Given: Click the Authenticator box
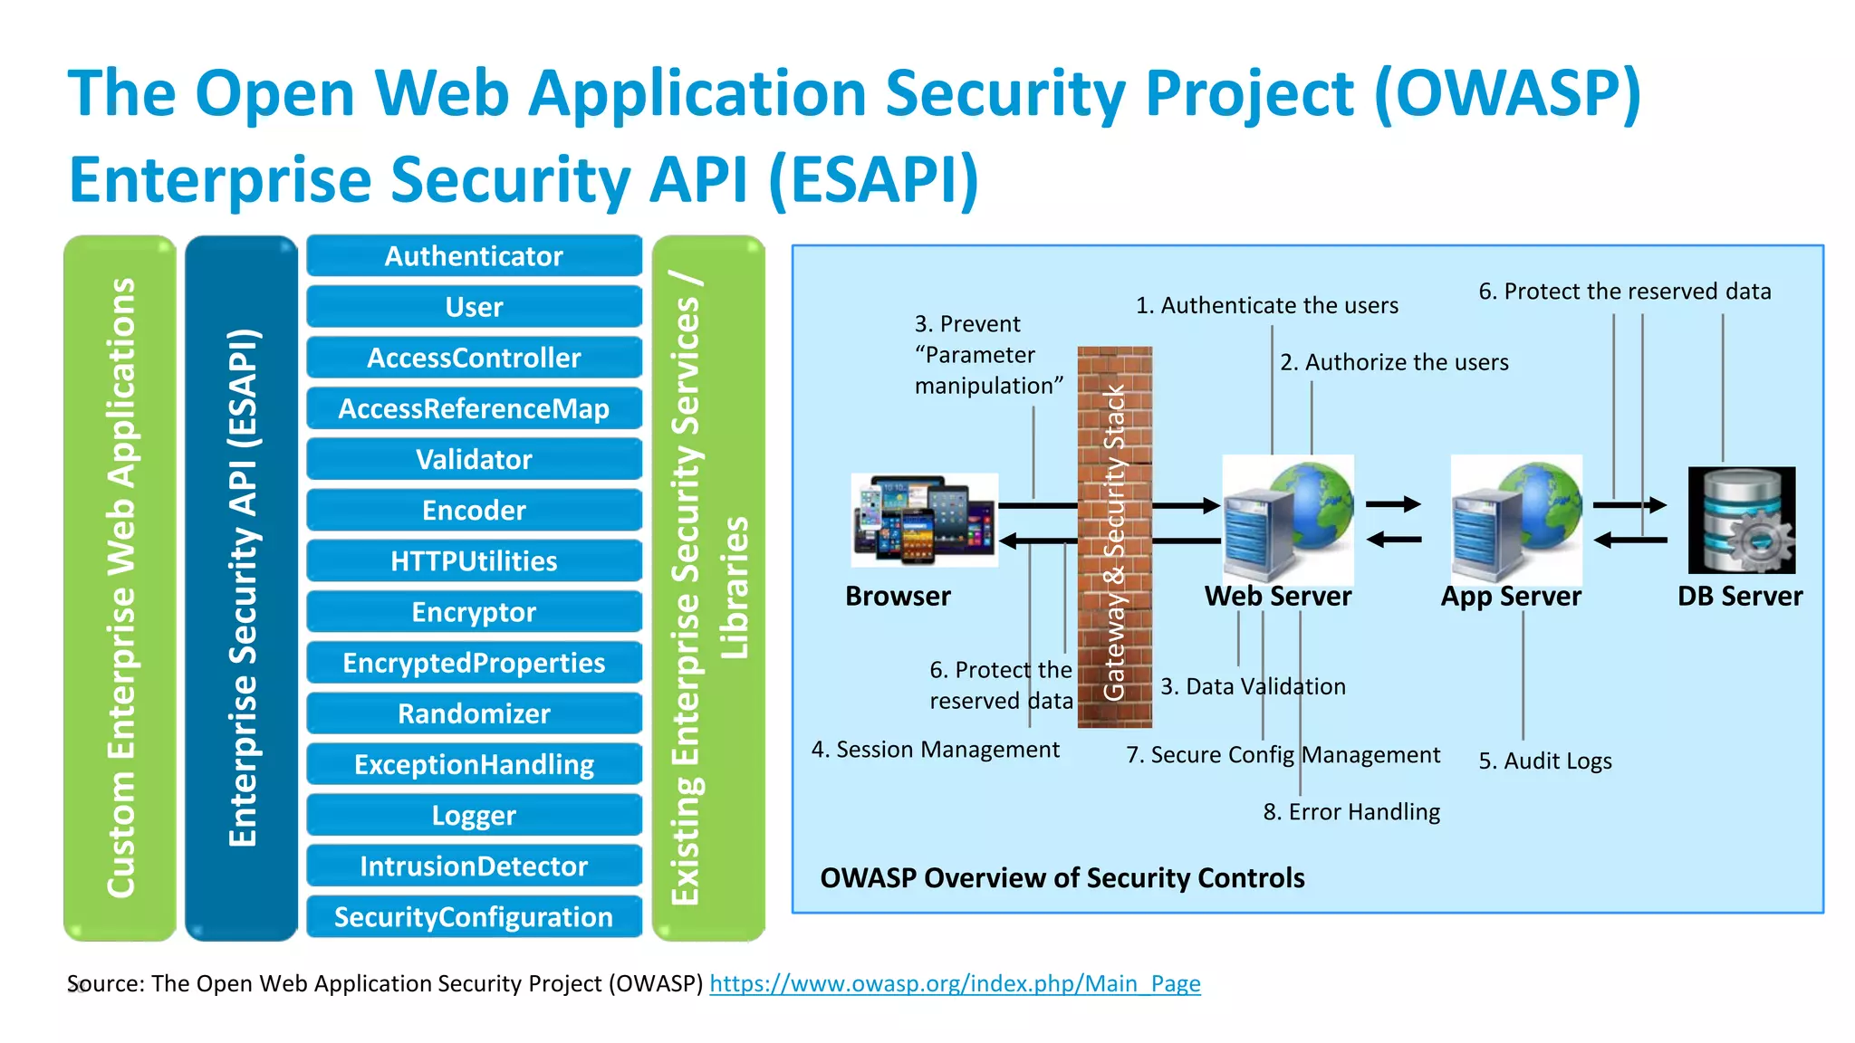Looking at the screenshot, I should (474, 256).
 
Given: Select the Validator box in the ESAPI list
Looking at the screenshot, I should (474, 459).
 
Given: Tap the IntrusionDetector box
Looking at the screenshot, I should (474, 866).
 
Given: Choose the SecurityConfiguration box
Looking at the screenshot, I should (474, 916).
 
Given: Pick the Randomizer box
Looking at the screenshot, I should (474, 713).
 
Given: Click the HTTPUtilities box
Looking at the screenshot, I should (474, 560).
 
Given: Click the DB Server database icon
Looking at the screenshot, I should (1741, 520).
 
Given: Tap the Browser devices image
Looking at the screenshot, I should (924, 520).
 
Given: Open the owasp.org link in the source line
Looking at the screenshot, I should (955, 983).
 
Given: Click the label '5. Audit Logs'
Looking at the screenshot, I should (1544, 761).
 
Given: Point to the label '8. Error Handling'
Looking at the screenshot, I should (1350, 811).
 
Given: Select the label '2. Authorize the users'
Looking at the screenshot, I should (1394, 362).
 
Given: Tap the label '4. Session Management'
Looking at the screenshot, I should (935, 750).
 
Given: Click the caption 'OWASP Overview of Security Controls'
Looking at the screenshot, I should (1062, 877).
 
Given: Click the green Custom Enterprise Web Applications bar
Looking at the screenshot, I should (120, 588).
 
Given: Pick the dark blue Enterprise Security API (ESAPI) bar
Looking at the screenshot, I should (241, 588).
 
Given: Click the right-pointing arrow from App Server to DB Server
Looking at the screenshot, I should (1629, 505).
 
